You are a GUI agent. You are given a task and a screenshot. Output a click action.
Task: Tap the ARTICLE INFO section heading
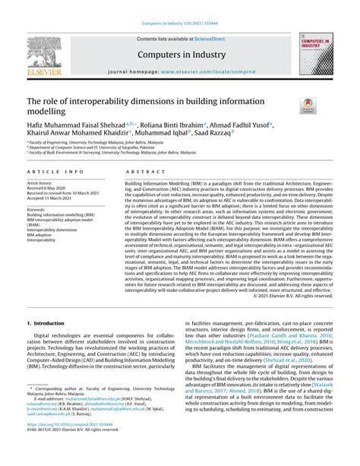(x=51, y=173)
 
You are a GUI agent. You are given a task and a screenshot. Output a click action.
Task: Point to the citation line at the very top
(x=179, y=25)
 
